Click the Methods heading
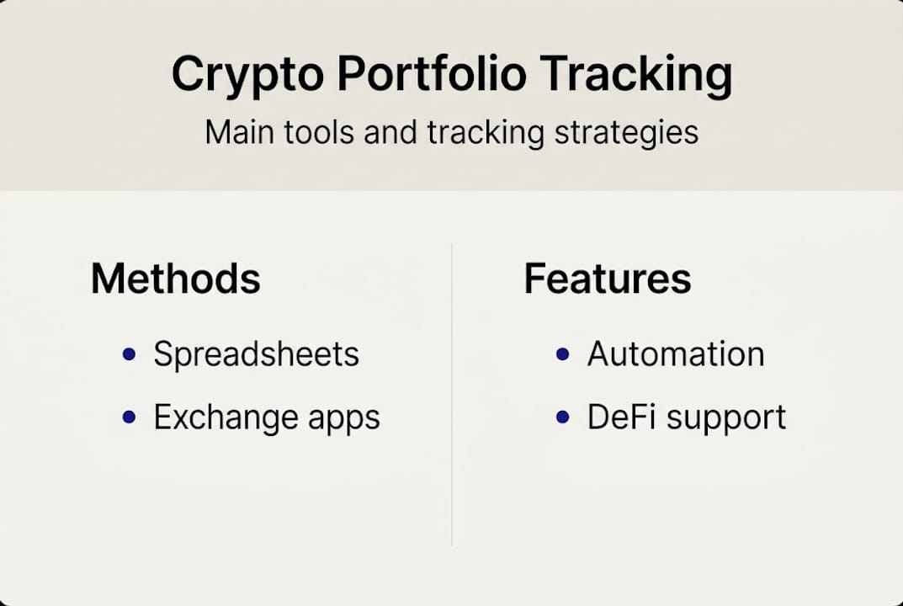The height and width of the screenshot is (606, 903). pyautogui.click(x=175, y=279)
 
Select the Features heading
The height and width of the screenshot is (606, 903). pyautogui.click(x=607, y=279)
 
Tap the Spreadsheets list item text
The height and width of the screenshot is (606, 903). pyautogui.click(x=256, y=355)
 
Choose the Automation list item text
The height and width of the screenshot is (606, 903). pyautogui.click(x=675, y=354)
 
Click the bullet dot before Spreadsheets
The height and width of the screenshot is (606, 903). pyautogui.click(x=129, y=354)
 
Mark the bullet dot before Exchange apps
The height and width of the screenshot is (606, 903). pyautogui.click(x=129, y=417)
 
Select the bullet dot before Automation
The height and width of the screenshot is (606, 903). pyautogui.click(x=563, y=354)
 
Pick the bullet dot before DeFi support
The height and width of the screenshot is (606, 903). pyautogui.click(x=563, y=417)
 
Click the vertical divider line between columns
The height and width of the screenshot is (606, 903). pyautogui.click(x=452, y=396)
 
